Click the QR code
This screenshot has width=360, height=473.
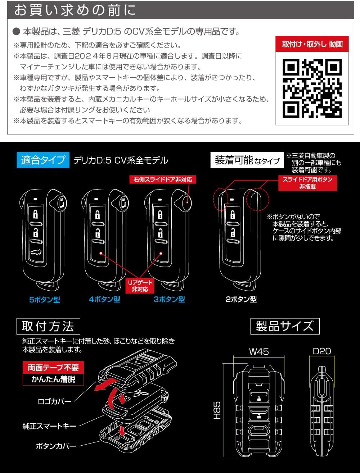coord(312,88)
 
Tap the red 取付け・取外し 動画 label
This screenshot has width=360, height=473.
coord(312,44)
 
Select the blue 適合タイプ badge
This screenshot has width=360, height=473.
coord(42,160)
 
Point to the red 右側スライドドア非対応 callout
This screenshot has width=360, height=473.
coord(163,179)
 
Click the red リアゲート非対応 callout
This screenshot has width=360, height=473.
coord(140,286)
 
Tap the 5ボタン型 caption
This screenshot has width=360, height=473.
coord(45,299)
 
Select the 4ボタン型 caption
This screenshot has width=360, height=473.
coord(104,299)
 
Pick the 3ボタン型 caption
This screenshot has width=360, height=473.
coord(169,299)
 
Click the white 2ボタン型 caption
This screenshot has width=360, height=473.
coord(241,299)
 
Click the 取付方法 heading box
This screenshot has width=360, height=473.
coord(48,326)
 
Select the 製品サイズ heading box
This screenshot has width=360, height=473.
coord(284,326)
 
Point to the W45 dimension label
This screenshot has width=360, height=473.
coord(259,351)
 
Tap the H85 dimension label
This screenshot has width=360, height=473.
coord(217,410)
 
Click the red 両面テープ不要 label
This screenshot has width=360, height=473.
coord(53,368)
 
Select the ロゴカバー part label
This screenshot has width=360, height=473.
coord(54,401)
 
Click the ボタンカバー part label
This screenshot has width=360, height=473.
coord(56,446)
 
